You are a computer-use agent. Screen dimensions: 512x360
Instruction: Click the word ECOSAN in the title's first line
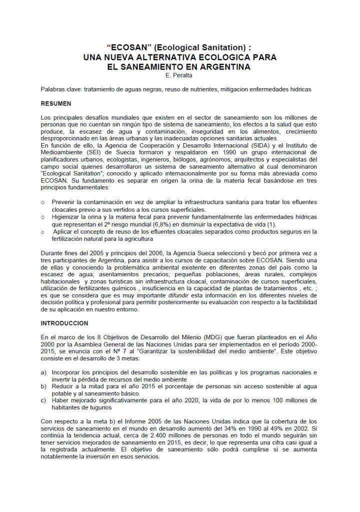[130, 47]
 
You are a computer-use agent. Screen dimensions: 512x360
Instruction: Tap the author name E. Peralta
[180, 76]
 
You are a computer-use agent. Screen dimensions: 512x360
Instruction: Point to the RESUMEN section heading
[56, 104]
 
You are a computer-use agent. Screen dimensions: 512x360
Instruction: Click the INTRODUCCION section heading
[64, 323]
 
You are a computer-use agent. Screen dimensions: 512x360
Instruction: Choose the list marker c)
[43, 400]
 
